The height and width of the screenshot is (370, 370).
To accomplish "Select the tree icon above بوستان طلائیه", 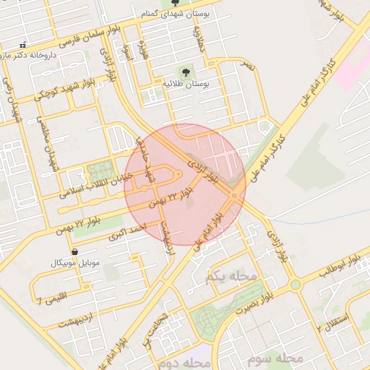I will [185, 72].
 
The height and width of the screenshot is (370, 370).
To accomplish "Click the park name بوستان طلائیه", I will [185, 85].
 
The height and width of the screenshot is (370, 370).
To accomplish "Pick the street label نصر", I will [248, 66].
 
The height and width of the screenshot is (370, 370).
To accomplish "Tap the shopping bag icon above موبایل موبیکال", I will [75, 251].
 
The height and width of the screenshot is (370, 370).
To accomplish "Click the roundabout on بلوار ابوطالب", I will [295, 285].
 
